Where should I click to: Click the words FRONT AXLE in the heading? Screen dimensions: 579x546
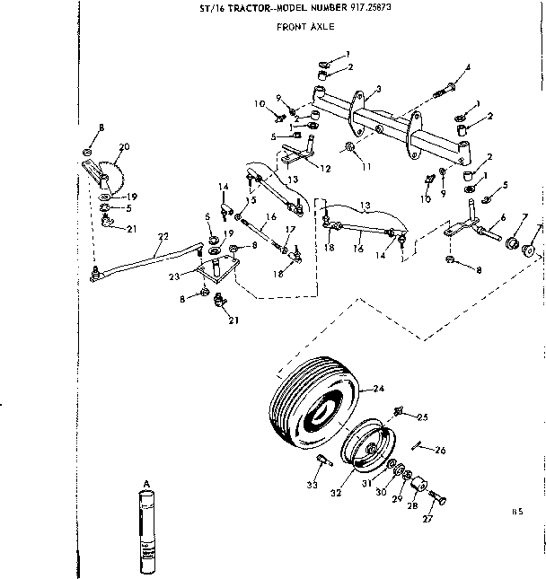pyautogui.click(x=305, y=26)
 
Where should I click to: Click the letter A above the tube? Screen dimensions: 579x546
pyautogui.click(x=145, y=483)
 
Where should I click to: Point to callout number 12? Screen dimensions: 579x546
pyautogui.click(x=325, y=167)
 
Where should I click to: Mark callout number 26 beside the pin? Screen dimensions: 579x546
pyautogui.click(x=440, y=450)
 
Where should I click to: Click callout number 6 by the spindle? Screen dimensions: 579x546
pyautogui.click(x=502, y=217)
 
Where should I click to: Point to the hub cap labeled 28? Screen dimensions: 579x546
pyautogui.click(x=417, y=487)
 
